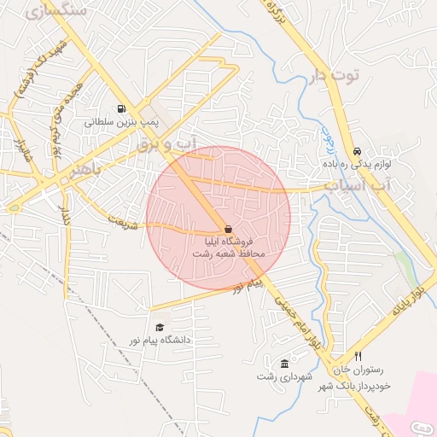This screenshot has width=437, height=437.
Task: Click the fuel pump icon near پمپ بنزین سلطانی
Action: (121, 108)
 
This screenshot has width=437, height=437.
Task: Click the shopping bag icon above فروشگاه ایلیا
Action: (228, 229)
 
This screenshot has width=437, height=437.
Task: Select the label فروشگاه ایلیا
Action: (228, 242)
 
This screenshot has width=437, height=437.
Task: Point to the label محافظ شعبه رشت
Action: (228, 254)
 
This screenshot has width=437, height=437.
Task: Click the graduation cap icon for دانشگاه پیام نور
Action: (159, 327)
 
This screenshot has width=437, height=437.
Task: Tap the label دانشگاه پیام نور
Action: (160, 340)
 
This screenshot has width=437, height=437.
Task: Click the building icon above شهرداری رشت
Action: (284, 364)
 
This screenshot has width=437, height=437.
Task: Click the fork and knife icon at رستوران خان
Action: (358, 356)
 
